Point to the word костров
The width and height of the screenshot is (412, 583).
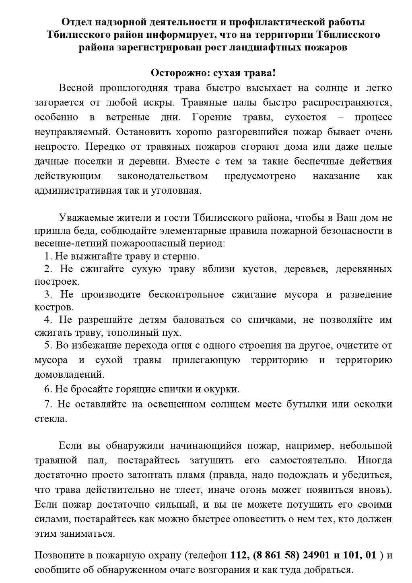(x=54, y=307)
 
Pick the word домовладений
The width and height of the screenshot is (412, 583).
(x=69, y=374)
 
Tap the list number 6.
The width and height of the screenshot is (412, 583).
(x=47, y=389)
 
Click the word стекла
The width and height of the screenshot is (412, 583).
(x=50, y=418)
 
